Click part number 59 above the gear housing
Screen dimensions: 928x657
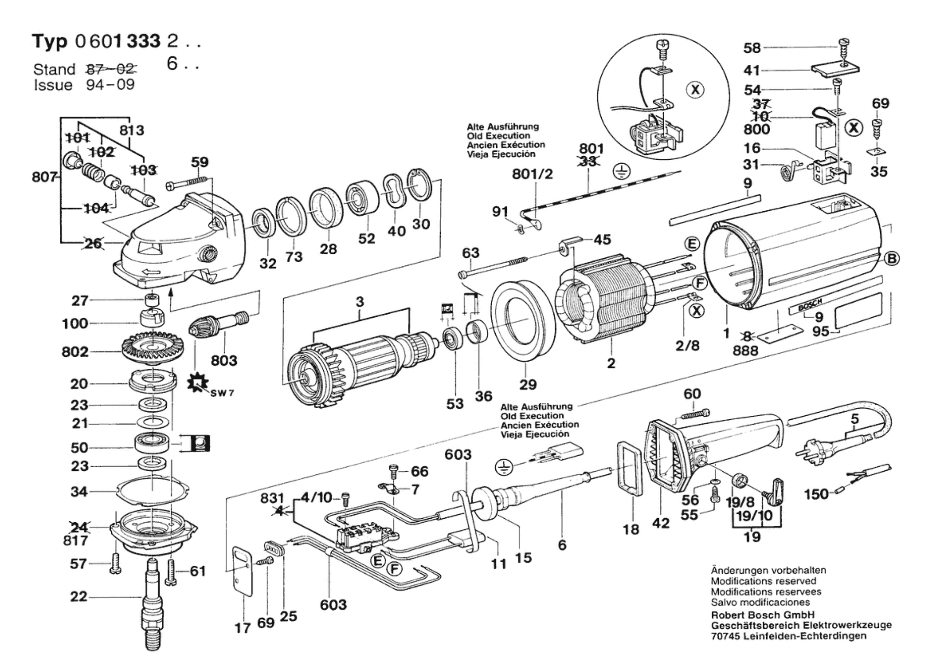[200, 162]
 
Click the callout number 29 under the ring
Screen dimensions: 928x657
[528, 384]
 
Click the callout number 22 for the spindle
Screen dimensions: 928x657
[79, 597]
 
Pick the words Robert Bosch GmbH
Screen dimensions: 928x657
[763, 615]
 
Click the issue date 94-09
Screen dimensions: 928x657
[110, 85]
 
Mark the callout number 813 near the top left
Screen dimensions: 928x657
[131, 130]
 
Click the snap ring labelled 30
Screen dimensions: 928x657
[419, 185]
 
